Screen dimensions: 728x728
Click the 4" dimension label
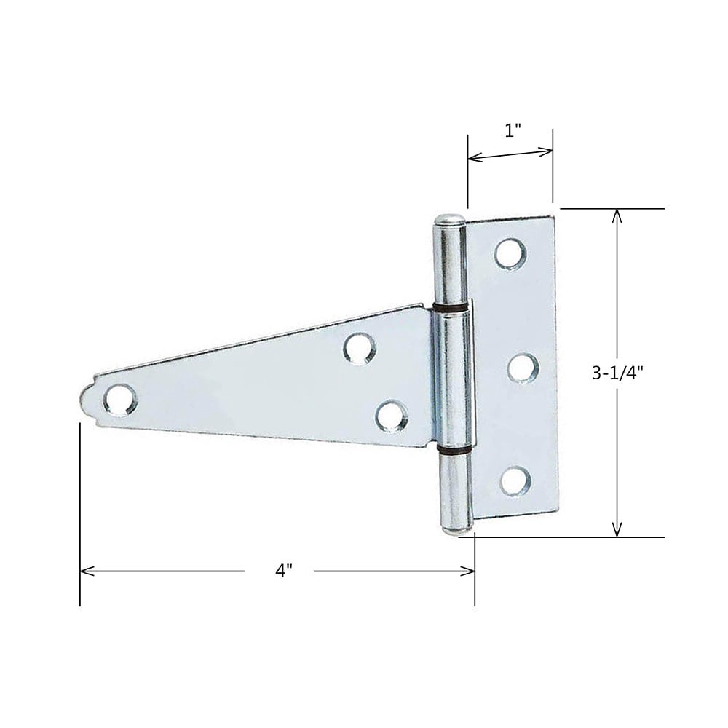coord(284,571)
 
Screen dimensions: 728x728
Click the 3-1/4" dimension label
coord(617,373)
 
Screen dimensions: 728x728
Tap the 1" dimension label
coord(513,131)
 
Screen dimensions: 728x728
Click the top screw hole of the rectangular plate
coord(510,253)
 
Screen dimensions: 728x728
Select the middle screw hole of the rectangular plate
coord(523,368)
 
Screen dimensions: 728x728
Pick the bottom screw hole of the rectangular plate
coord(515,481)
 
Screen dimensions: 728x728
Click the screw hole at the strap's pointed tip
coord(119,400)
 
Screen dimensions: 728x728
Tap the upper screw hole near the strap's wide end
coord(360,348)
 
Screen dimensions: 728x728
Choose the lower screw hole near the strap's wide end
coord(391,416)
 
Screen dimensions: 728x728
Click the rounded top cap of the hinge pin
coord(450,220)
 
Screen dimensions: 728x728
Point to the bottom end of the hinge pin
coord(456,529)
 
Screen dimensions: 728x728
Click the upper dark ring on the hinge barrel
coord(451,309)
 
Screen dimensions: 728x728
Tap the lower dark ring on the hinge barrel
coord(454,451)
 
